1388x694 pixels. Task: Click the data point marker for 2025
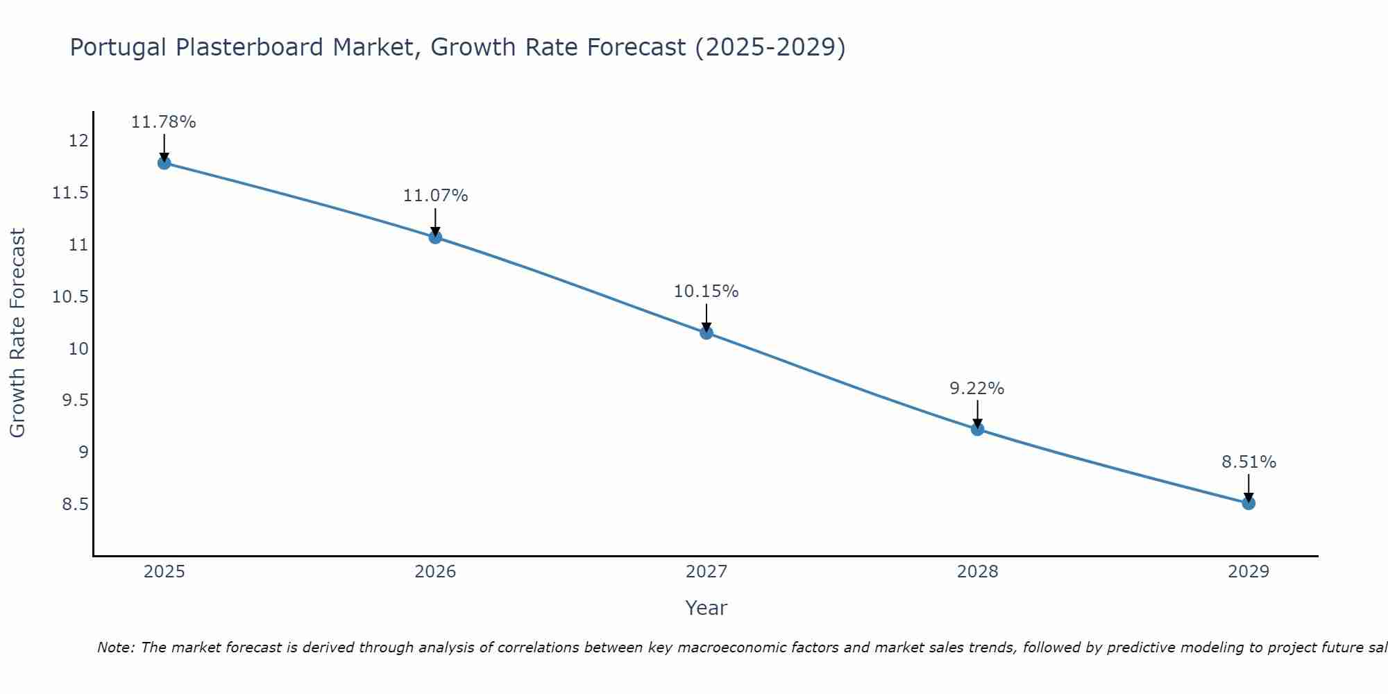[164, 163]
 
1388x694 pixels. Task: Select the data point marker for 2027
[706, 332]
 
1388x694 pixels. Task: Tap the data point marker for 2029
[1249, 503]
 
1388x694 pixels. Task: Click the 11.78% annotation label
[164, 122]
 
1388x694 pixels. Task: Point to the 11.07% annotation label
[435, 196]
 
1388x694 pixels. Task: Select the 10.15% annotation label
[706, 291]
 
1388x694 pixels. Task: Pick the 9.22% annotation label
[977, 389]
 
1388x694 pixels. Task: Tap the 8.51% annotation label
[1249, 462]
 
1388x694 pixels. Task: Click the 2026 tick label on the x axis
[435, 572]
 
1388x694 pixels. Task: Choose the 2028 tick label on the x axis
[977, 572]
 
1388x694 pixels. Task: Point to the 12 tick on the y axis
[78, 142]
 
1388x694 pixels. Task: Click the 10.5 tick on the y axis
[71, 297]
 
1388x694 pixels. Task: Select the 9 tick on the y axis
[84, 452]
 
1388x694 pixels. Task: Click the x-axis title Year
[706, 609]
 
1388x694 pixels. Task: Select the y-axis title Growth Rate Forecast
[17, 332]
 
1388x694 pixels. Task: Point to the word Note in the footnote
[116, 648]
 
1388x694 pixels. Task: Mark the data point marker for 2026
[435, 237]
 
